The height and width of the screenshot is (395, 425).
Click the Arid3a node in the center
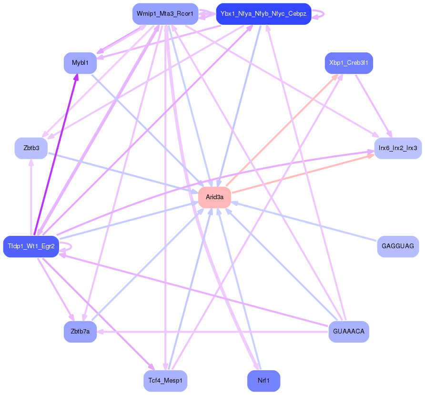[214, 197]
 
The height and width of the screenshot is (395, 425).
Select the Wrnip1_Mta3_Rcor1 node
[165, 14]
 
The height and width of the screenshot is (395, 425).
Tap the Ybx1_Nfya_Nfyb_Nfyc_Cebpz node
[263, 14]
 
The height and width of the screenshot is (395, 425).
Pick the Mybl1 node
[80, 63]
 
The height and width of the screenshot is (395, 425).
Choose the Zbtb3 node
[31, 148]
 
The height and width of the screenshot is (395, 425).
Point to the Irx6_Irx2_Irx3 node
[397, 148]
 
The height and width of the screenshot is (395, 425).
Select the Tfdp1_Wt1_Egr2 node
[31, 246]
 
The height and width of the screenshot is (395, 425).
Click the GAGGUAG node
[397, 246]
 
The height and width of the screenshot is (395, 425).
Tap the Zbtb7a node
[80, 332]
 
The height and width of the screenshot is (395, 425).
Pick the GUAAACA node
[348, 332]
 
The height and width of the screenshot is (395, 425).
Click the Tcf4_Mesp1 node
[165, 381]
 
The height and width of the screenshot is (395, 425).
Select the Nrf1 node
[263, 381]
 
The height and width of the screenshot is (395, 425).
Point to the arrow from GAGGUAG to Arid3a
[305, 222]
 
